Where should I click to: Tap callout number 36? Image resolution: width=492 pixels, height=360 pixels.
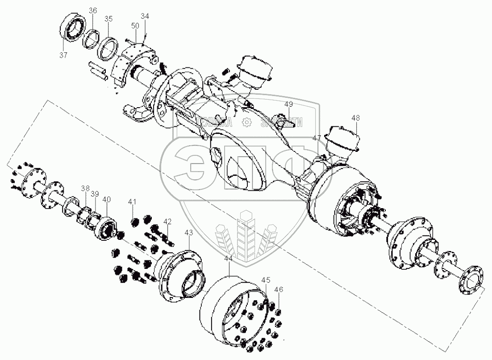[92, 11]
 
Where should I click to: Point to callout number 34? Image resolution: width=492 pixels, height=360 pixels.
[145, 16]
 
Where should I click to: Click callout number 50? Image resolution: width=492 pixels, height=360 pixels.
[135, 26]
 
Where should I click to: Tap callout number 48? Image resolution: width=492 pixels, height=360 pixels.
[355, 118]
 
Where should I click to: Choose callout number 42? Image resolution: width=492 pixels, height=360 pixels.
[167, 222]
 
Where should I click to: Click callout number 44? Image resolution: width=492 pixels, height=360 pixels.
[229, 259]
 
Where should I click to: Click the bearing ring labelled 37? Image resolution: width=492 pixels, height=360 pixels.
[72, 28]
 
